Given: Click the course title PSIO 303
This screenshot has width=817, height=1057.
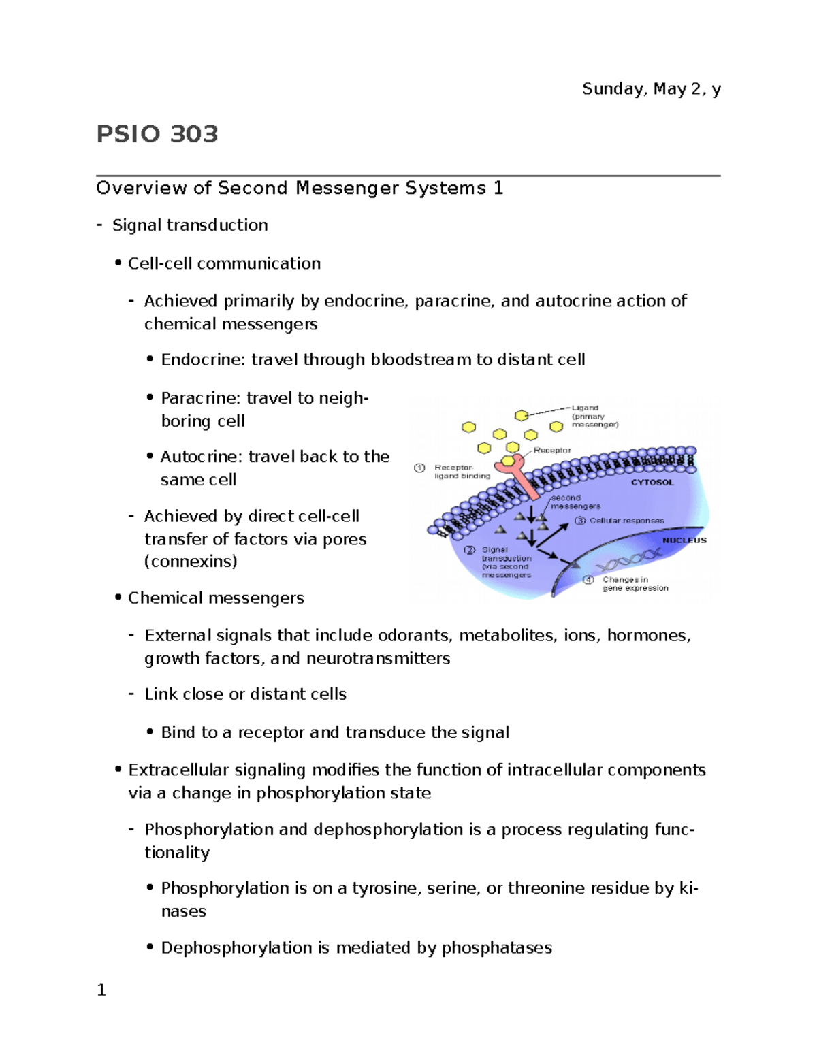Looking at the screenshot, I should coord(157,134).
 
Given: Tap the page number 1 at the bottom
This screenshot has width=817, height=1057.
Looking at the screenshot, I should coord(101,990).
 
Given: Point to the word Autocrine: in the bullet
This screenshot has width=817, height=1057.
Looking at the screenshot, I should coord(201,457).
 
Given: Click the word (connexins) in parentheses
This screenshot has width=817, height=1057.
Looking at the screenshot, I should coord(191,562).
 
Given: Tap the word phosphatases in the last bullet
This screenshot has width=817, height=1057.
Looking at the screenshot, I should coord(496,948).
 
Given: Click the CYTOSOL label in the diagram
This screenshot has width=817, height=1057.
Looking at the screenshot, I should coord(652,482).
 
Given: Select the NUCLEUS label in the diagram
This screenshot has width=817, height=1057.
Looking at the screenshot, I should coord(684,540).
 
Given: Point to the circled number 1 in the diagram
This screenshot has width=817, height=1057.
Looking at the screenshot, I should coord(419,468).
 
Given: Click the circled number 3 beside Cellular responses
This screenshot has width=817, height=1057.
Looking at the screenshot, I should coord(579,521).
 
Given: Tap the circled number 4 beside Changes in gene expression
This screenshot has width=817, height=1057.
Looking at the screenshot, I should coord(588,580).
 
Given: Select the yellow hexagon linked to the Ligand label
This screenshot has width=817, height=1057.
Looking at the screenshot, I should coord(522,415).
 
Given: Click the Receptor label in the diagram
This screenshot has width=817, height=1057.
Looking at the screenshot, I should coord(552,450).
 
